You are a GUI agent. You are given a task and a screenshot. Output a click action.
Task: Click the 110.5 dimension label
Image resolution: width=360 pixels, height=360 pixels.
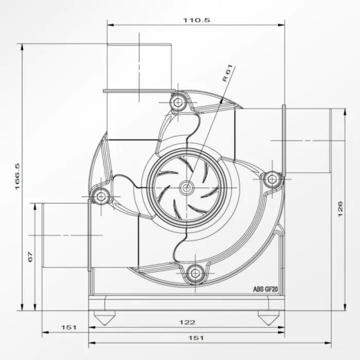196,20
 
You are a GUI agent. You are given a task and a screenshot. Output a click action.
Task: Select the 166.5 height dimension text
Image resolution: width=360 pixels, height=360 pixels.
17,176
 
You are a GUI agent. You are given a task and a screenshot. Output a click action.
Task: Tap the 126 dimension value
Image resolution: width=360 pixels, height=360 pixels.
340,209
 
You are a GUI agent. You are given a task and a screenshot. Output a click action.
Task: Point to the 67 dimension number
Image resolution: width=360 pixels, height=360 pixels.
30,257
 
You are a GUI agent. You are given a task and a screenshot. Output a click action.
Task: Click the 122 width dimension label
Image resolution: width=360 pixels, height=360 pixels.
187,322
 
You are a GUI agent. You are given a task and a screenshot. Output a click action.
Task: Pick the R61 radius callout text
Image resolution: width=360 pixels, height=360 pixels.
227,73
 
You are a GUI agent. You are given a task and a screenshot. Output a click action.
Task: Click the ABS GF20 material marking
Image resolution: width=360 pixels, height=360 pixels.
265,289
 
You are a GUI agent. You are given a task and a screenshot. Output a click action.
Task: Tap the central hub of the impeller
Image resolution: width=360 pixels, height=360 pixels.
187,188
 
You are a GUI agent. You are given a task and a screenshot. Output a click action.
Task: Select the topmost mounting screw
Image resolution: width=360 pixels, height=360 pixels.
178,102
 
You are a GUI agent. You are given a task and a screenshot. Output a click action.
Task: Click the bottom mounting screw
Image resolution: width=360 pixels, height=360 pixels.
195,273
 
